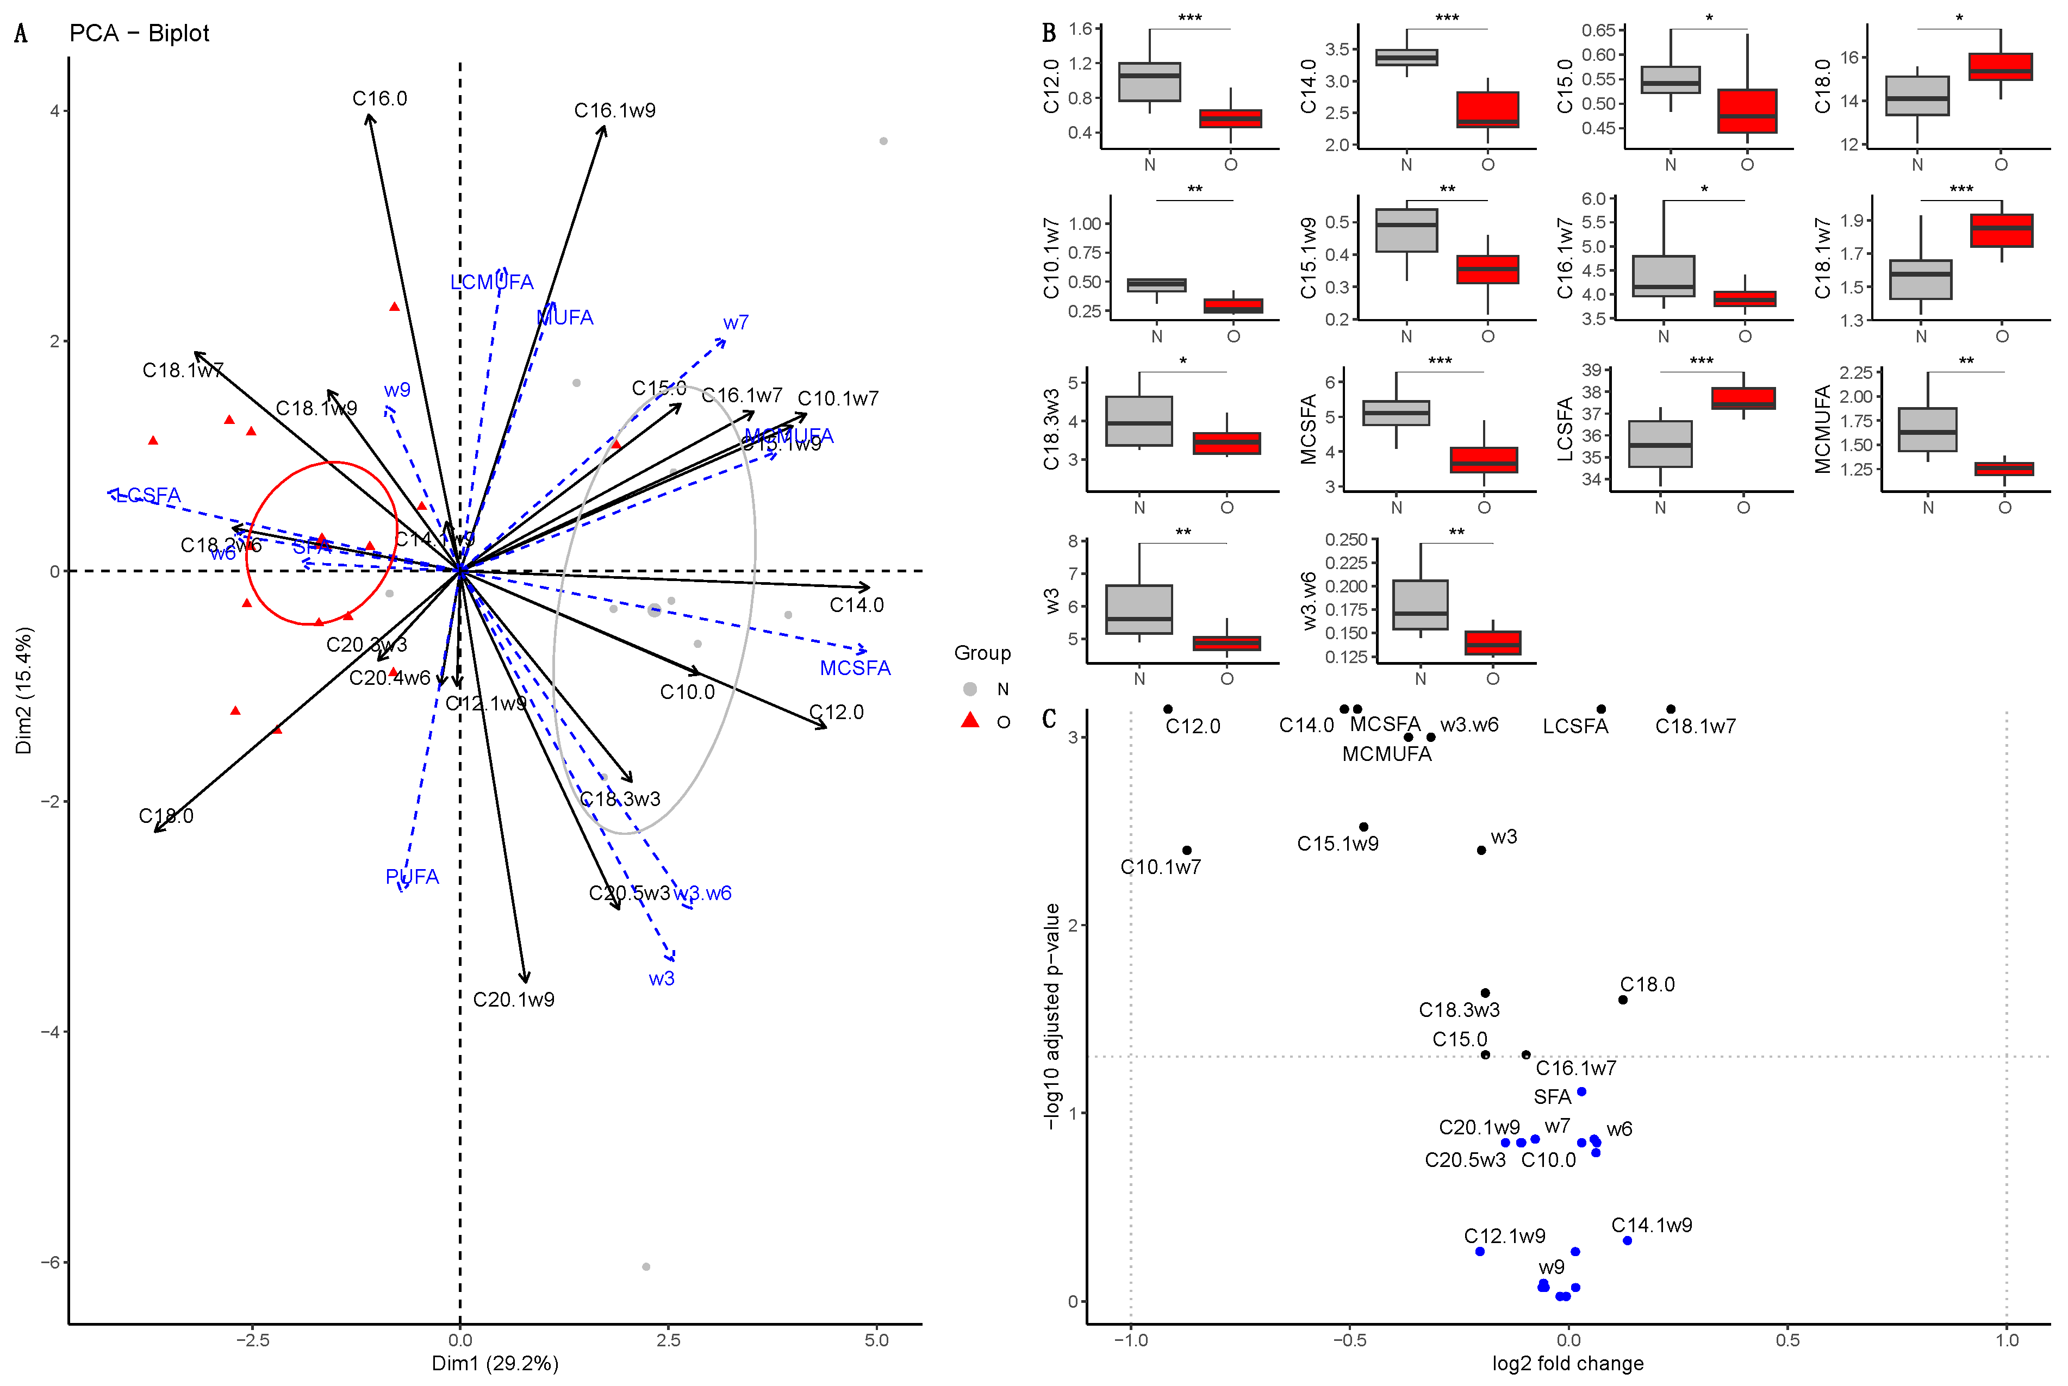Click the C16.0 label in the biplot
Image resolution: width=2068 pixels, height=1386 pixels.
pyautogui.click(x=379, y=99)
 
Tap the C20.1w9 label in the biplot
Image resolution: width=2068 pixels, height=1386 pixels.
pyautogui.click(x=514, y=1000)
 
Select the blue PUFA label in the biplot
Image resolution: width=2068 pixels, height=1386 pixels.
pyautogui.click(x=412, y=877)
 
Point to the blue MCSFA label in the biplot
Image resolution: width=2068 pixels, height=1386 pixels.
pyautogui.click(x=855, y=668)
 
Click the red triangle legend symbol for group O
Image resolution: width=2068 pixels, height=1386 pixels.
pyautogui.click(x=970, y=720)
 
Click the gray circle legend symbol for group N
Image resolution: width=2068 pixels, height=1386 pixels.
pyautogui.click(x=970, y=689)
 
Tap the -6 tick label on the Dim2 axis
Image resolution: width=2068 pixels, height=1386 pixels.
pyautogui.click(x=51, y=1262)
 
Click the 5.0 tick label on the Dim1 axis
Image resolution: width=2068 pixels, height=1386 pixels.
pyautogui.click(x=876, y=1340)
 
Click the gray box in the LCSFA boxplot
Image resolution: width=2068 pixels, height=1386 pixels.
pyautogui.click(x=1660, y=444)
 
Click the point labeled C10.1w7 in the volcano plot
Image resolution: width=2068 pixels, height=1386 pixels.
pyautogui.click(x=1187, y=850)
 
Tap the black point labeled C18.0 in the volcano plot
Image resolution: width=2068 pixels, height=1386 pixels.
pyautogui.click(x=1622, y=1000)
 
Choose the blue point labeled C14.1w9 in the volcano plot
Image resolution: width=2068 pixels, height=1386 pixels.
pyautogui.click(x=1627, y=1241)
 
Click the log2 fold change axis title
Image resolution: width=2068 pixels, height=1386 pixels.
pyautogui.click(x=1567, y=1363)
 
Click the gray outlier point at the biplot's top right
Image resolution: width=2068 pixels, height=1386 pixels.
pyautogui.click(x=883, y=141)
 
